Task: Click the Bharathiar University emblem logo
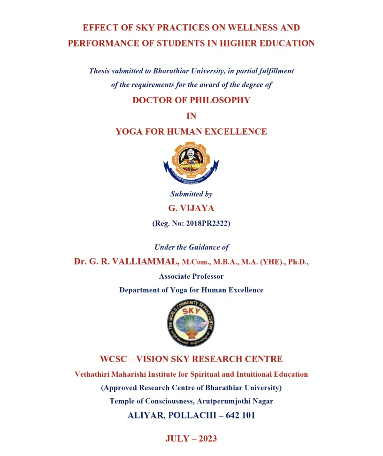point(191,163)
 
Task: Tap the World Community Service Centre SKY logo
point(191,323)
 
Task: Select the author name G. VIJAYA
point(191,208)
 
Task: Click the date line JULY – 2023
point(191,439)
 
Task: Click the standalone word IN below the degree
point(191,116)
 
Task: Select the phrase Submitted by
point(191,194)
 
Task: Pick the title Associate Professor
point(191,276)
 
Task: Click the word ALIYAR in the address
point(146,415)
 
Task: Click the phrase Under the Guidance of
point(191,247)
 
